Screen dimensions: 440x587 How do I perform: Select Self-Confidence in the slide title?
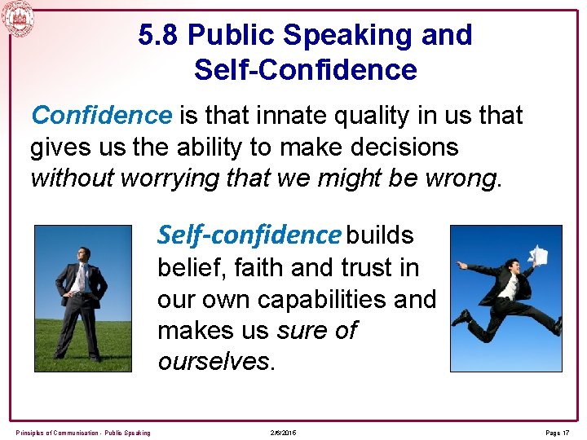305,69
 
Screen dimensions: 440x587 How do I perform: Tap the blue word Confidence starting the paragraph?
102,116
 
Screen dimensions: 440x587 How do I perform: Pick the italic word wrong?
471,178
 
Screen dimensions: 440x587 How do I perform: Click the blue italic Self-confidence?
249,235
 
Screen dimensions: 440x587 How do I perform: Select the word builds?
379,235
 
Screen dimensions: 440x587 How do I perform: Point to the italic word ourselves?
214,362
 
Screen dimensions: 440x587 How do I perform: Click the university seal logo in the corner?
18,17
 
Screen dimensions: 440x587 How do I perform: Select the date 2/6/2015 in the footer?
284,432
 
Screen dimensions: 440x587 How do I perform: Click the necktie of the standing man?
81,278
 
